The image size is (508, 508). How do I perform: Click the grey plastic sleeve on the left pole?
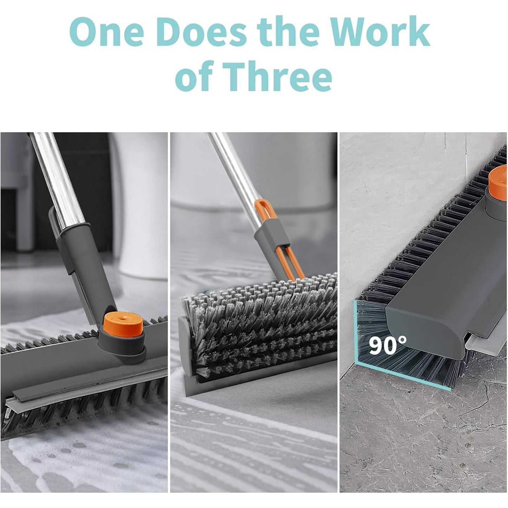coord(84,267)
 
